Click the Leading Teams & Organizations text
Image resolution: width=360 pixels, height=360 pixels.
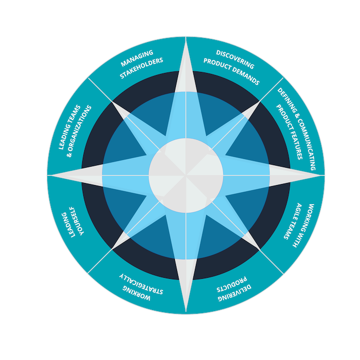click(x=75, y=131)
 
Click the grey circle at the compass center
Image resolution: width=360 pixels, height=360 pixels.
click(x=186, y=175)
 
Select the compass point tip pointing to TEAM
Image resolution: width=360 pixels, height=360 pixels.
click(x=323, y=175)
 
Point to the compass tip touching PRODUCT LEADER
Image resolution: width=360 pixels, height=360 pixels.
click(x=48, y=175)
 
